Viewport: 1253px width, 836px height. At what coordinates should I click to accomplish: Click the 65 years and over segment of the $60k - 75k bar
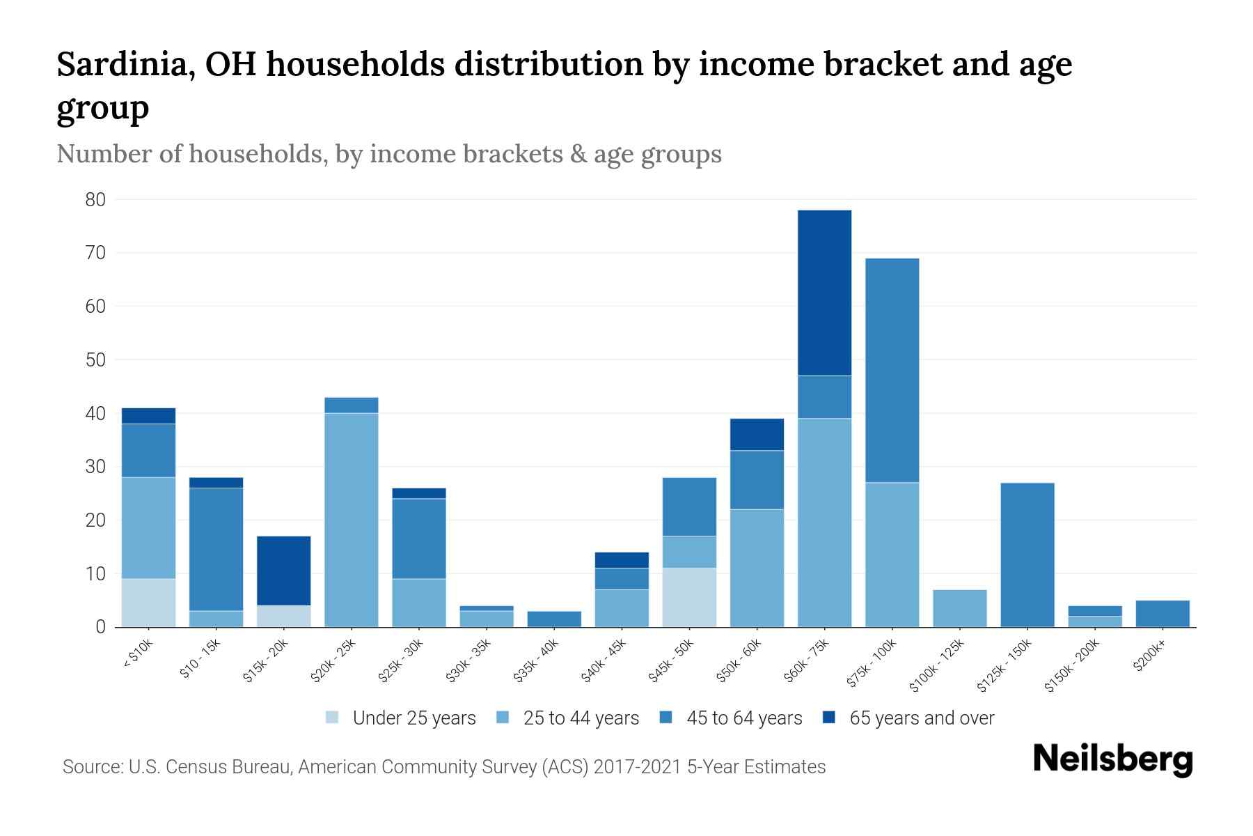coord(824,293)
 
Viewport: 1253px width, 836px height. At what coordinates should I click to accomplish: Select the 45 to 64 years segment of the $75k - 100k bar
coord(892,370)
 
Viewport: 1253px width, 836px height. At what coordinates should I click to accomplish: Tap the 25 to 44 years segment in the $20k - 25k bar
coord(352,520)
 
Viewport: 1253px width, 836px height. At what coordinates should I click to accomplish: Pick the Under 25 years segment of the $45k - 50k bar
coord(689,597)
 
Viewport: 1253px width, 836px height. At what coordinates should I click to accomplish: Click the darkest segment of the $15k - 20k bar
coord(284,571)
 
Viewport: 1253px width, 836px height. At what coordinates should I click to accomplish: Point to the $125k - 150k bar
coord(1027,555)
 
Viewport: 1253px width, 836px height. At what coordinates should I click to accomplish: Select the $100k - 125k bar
coord(959,608)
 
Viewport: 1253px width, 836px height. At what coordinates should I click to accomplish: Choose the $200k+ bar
coord(1162,614)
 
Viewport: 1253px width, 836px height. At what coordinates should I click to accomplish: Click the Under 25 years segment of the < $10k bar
coord(148,603)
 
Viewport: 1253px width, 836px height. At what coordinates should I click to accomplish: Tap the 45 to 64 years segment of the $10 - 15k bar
coord(216,549)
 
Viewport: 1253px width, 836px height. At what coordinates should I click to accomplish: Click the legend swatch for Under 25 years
coord(333,718)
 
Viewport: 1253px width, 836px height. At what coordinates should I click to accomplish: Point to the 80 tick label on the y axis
coord(95,200)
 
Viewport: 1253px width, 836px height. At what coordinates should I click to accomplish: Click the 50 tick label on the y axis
coord(95,360)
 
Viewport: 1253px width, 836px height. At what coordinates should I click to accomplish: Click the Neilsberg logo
coord(1112,759)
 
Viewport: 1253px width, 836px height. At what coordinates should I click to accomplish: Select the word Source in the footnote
coord(91,767)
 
